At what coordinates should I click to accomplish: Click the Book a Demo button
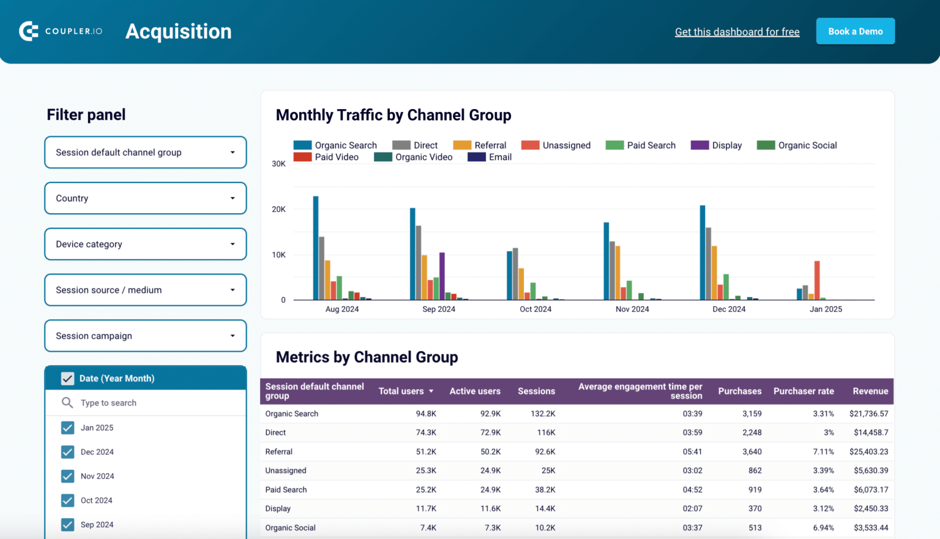(855, 31)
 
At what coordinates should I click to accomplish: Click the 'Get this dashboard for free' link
(737, 32)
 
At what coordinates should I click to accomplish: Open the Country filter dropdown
(145, 198)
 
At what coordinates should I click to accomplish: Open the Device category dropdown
(145, 244)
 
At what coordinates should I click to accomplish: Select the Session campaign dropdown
(145, 336)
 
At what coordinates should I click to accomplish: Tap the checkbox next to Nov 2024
(68, 476)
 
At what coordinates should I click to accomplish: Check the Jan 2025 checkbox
(68, 428)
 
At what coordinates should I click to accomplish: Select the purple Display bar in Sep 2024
(442, 276)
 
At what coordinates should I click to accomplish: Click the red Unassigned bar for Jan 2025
(817, 281)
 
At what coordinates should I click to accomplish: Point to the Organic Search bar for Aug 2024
(316, 248)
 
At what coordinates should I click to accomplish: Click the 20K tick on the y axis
(278, 209)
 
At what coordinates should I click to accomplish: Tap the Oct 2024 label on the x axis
(535, 309)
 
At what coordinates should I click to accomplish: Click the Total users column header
(401, 391)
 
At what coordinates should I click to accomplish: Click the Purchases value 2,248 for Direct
(752, 432)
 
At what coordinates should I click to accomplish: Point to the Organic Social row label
(290, 527)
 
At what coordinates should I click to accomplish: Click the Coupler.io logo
(61, 31)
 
